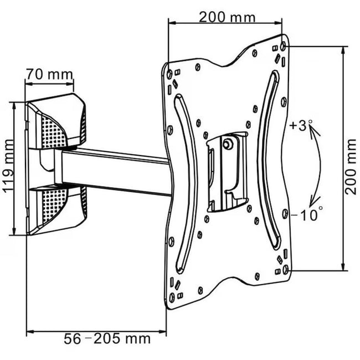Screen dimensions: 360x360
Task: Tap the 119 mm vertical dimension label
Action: pos(8,168)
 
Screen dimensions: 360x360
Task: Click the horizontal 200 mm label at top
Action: pos(228,17)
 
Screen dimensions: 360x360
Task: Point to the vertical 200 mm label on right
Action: pos(350,167)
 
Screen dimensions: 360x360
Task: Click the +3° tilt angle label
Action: pos(297,126)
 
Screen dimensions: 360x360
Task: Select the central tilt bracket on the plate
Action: pos(224,172)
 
